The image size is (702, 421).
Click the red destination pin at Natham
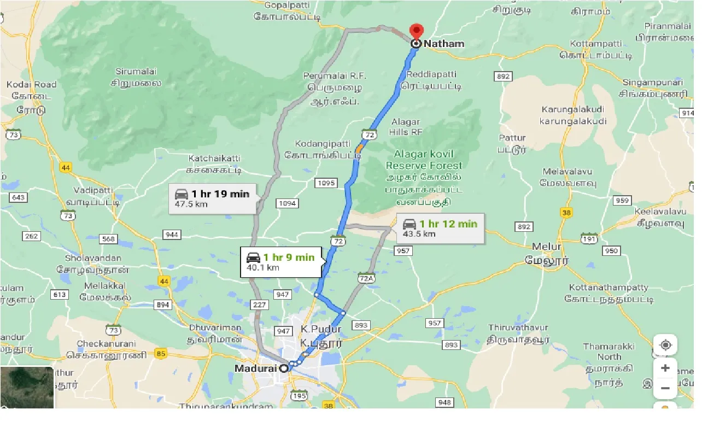[417, 31]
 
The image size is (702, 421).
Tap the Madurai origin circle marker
[284, 369]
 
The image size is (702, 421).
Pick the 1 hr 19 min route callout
[213, 198]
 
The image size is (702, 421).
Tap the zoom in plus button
[665, 368]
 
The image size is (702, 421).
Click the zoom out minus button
[665, 388]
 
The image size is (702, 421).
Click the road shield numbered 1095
[326, 183]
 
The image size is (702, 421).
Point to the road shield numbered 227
[260, 305]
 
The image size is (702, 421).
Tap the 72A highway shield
[366, 279]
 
